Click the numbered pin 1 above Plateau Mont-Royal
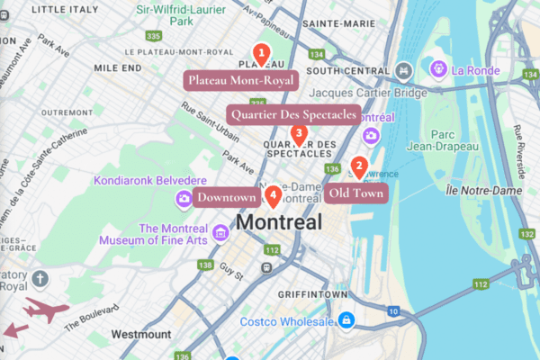point(261,53)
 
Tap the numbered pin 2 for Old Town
point(358,166)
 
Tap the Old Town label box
point(356,193)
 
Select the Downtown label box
point(227,197)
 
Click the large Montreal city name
point(278,222)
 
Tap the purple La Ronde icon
point(438,67)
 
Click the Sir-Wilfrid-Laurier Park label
point(193,15)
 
